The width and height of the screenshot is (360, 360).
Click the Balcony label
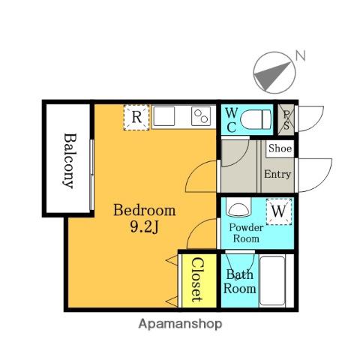[x=69, y=160]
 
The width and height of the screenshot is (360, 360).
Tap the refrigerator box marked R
[x=136, y=118]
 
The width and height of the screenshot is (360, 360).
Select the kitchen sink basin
[x=164, y=116]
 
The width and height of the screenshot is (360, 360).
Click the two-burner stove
[x=201, y=116]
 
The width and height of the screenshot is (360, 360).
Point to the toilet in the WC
[x=256, y=120]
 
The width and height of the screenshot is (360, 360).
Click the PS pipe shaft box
[x=286, y=120]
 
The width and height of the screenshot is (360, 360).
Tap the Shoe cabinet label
[x=280, y=148]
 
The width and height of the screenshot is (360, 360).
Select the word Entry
[x=277, y=174]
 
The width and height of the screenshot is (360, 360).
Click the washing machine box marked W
[x=279, y=211]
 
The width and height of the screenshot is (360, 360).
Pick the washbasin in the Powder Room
[x=238, y=207]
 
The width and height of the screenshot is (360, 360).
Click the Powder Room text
[x=246, y=233]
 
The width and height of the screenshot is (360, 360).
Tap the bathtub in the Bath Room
[x=272, y=280]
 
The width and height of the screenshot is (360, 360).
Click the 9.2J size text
[x=145, y=227]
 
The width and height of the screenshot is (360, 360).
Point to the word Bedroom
[x=145, y=210]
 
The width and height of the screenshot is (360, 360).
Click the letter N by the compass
[x=300, y=55]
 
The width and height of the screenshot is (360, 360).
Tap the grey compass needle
[x=272, y=76]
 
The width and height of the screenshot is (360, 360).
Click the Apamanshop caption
[x=180, y=324]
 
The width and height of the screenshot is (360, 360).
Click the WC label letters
[x=231, y=120]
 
